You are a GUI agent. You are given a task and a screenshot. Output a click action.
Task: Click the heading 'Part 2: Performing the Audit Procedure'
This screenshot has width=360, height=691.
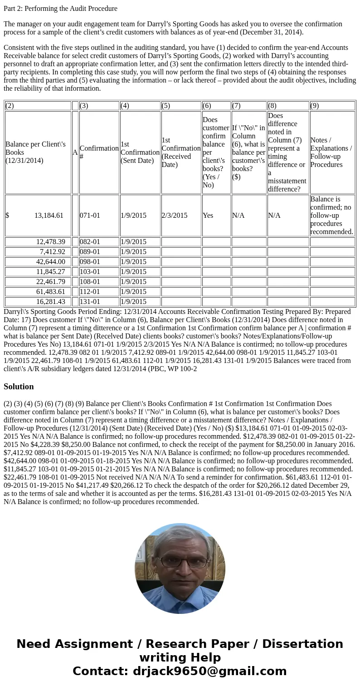tap(60, 9)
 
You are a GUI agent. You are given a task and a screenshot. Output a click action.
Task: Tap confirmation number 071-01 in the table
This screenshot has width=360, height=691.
tap(90, 216)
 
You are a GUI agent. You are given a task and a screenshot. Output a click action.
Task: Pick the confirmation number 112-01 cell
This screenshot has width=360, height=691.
tap(90, 292)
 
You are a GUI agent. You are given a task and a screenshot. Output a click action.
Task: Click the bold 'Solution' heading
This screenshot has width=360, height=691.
tap(19, 387)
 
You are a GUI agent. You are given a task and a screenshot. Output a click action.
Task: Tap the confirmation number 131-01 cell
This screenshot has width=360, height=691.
tap(90, 302)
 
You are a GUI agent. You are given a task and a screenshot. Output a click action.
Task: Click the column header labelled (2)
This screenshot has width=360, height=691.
tap(10, 106)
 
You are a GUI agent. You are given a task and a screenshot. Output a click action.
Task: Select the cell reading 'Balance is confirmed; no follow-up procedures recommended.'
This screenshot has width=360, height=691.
tap(331, 216)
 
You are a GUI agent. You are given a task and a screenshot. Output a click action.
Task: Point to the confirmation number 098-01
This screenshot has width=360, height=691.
tap(90, 262)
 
